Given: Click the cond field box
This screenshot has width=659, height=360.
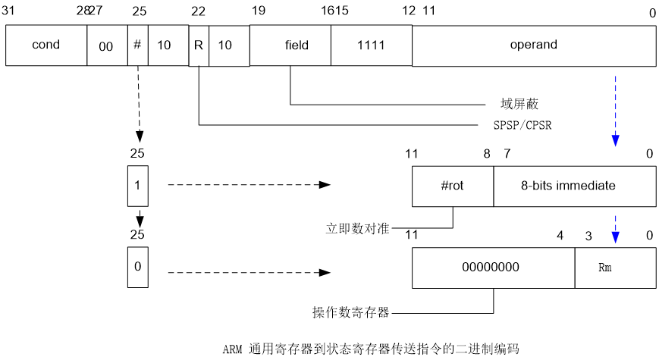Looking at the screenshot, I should tap(46, 45).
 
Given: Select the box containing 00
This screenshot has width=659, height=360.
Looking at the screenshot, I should tap(106, 46).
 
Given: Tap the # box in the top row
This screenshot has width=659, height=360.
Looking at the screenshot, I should tap(137, 45).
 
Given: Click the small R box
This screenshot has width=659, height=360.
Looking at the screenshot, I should tap(198, 45).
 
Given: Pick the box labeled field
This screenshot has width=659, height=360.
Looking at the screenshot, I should tap(296, 45).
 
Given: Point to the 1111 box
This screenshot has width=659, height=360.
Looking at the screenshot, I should tap(371, 45).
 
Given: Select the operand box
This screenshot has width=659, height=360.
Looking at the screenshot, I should tap(533, 45).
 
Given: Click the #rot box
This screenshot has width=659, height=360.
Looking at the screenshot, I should tap(453, 186).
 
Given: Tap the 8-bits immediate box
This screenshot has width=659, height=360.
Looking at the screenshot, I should tap(574, 186).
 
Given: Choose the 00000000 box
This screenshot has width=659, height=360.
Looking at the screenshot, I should tap(493, 268).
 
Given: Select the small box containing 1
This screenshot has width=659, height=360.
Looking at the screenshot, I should tap(137, 186).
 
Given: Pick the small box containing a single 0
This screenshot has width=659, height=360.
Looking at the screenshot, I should tap(137, 268).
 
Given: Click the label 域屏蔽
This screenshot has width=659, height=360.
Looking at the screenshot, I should tap(519, 104).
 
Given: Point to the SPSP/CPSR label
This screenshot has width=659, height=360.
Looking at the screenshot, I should tap(522, 124).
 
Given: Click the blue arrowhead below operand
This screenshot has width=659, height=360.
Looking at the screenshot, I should tap(615, 140).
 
